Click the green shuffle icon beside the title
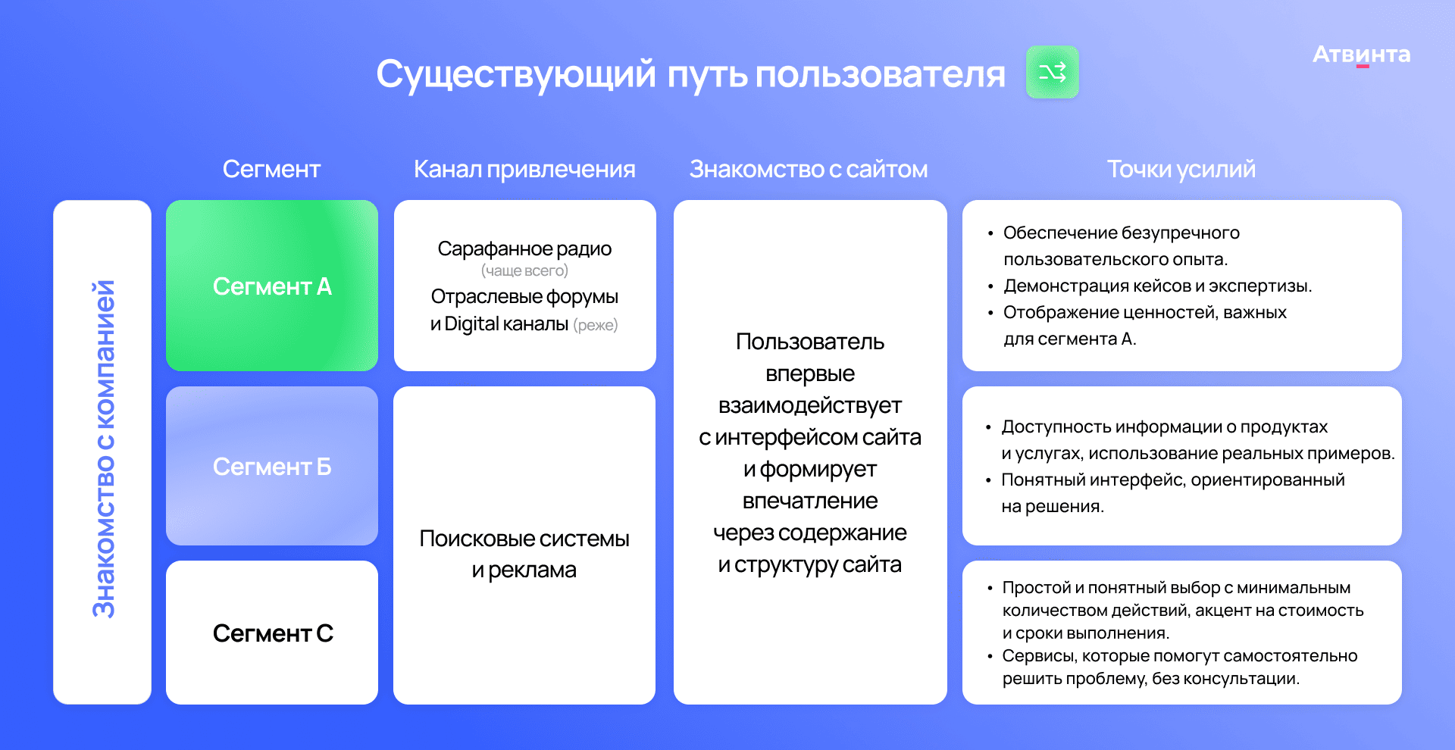coord(1052,72)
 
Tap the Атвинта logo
coord(1361,55)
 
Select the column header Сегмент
coord(271,169)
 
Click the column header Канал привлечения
coord(524,170)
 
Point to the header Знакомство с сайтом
coord(809,169)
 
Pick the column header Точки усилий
coord(1181,170)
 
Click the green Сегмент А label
coord(272,286)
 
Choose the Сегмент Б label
coord(272,467)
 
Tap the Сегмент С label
coord(273,633)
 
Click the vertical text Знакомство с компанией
coord(103,449)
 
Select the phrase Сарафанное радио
coord(524,248)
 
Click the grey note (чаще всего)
coord(524,270)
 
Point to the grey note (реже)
coord(596,325)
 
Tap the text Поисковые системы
coord(524,539)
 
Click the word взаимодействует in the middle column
coord(810,405)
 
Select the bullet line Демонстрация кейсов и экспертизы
coord(1157,286)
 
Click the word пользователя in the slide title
coord(880,74)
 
